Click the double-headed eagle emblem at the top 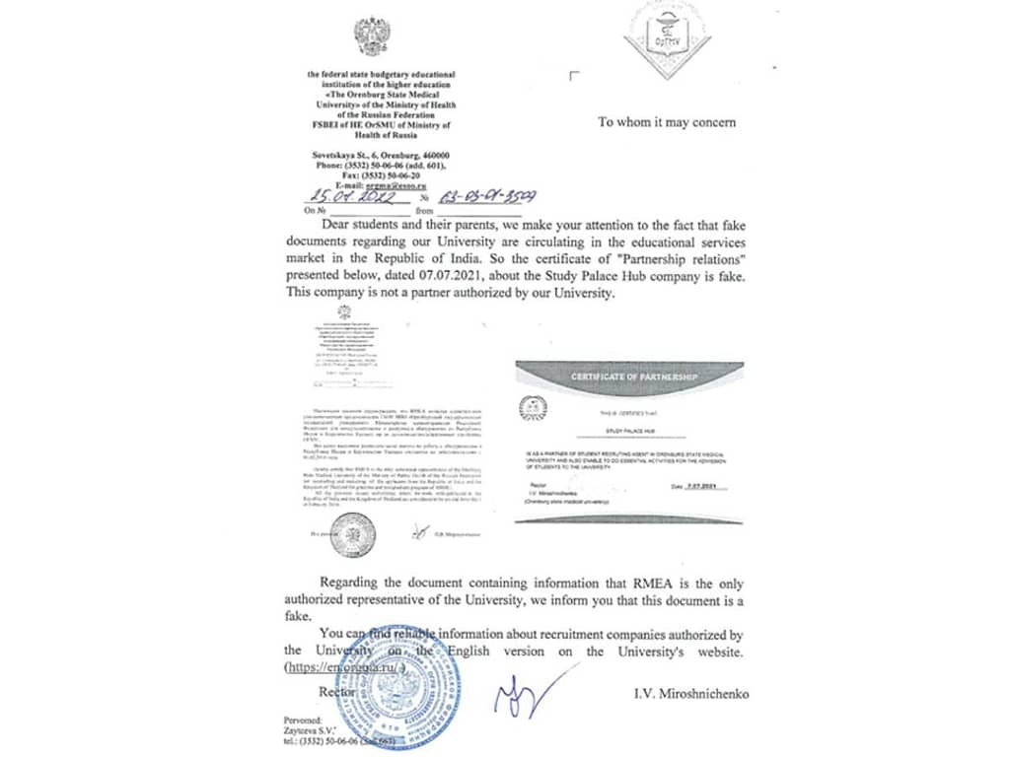[372, 36]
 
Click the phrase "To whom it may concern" [667, 122]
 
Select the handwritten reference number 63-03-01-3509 [481, 195]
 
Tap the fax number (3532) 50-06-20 [406, 173]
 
